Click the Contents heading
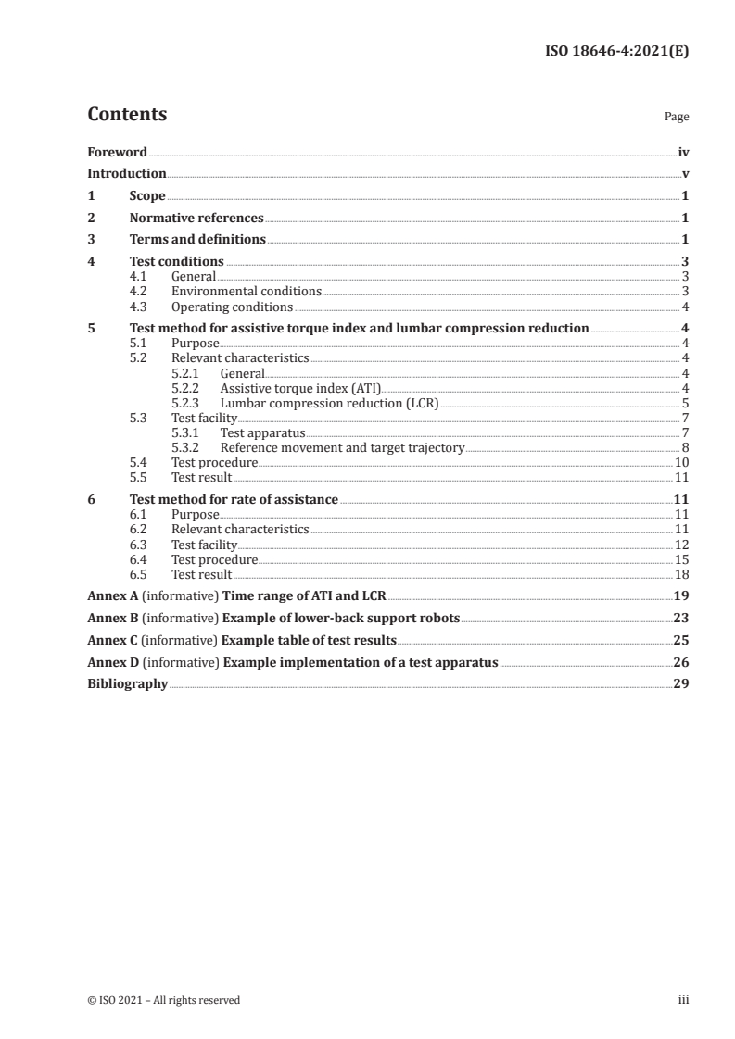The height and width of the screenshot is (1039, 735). tap(127, 115)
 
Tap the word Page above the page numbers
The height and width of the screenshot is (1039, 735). tap(677, 118)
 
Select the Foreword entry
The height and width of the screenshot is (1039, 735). tap(117, 152)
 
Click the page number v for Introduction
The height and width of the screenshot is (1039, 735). tap(684, 173)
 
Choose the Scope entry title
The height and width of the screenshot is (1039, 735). tap(147, 195)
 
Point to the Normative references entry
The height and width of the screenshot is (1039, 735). tap(196, 218)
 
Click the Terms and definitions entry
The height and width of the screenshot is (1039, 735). tap(197, 240)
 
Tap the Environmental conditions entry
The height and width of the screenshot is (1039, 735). tap(247, 292)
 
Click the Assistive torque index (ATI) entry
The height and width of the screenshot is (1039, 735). tap(300, 388)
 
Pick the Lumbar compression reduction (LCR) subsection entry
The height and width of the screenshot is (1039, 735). tap(329, 403)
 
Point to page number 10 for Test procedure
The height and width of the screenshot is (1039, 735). tap(680, 462)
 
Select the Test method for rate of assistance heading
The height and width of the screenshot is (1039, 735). tap(234, 499)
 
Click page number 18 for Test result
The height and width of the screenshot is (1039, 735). tap(680, 574)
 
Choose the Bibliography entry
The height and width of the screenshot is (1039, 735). tap(127, 684)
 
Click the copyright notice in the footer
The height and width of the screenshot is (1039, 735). tap(163, 1000)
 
